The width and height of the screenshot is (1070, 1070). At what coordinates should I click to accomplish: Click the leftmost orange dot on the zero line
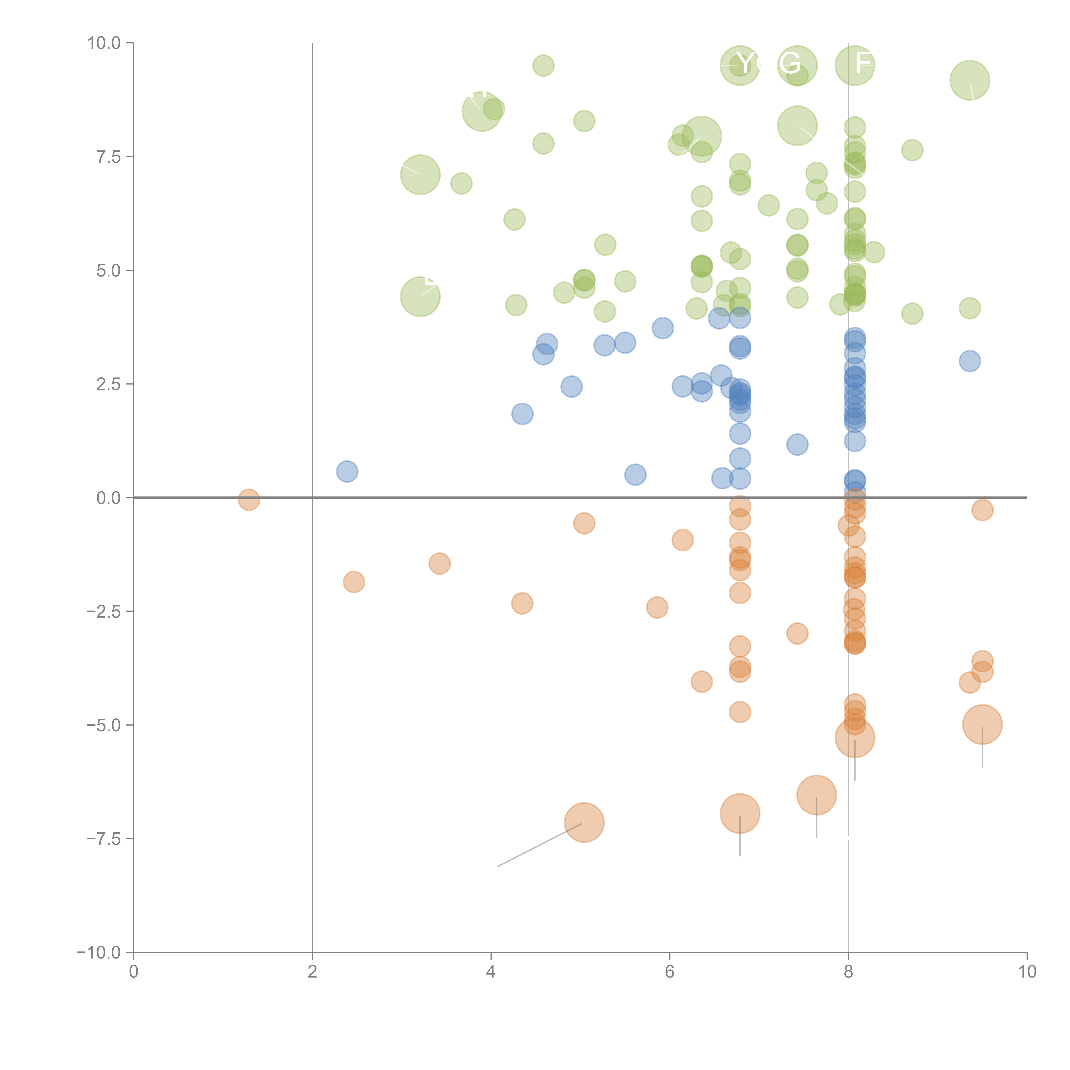click(x=249, y=499)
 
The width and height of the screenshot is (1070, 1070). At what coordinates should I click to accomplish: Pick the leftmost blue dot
click(x=347, y=471)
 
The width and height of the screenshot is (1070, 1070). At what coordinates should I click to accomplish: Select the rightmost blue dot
click(x=969, y=361)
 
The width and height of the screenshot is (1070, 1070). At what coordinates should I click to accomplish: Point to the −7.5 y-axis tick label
click(x=104, y=838)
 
